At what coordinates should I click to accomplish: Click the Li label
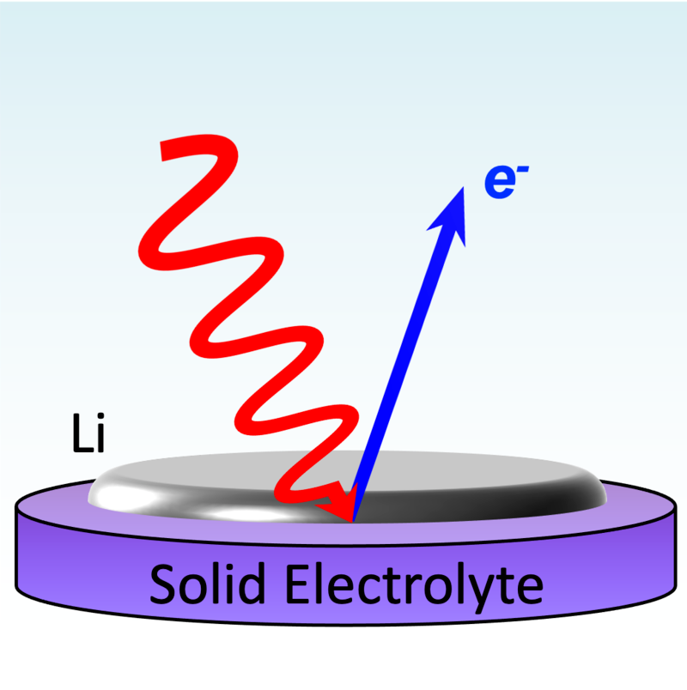click(x=88, y=436)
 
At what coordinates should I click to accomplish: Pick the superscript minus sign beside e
click(x=521, y=171)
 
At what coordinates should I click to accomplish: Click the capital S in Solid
click(x=164, y=586)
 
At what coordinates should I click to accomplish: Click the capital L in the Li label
click(x=79, y=436)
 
